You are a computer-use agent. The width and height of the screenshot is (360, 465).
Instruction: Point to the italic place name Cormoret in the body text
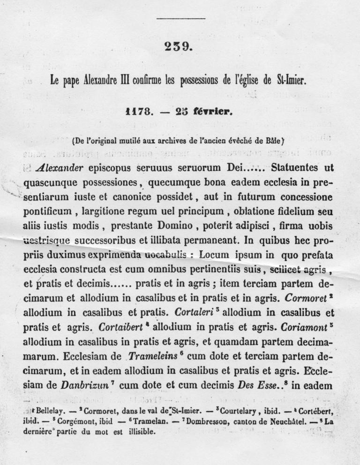point(307,298)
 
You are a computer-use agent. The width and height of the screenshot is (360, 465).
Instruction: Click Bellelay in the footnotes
point(44,411)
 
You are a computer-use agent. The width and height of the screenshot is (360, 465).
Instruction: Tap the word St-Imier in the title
point(291,81)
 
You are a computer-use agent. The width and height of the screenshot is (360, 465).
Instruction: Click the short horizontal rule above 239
point(180,19)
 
